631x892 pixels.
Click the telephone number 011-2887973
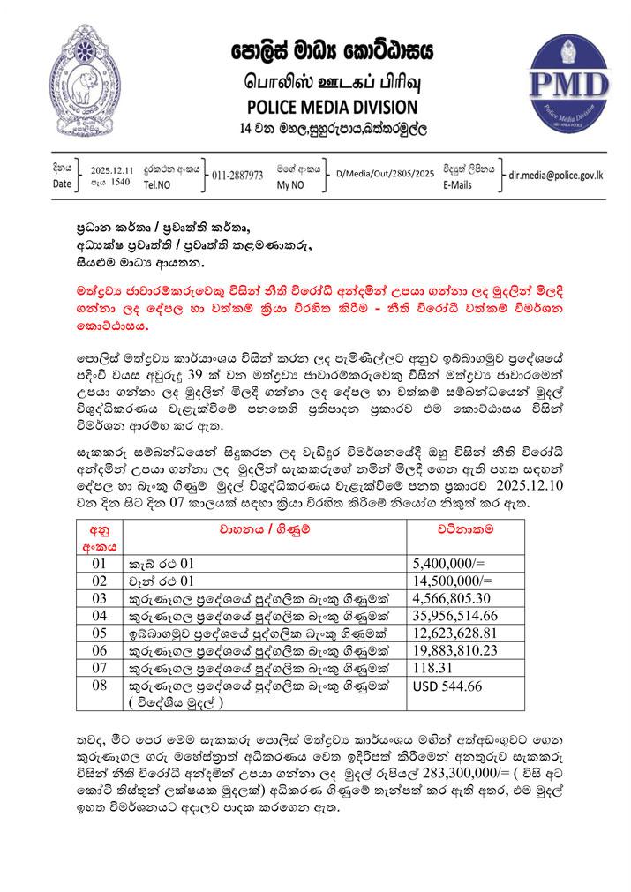click(237, 176)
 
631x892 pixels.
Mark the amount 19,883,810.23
click(453, 651)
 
